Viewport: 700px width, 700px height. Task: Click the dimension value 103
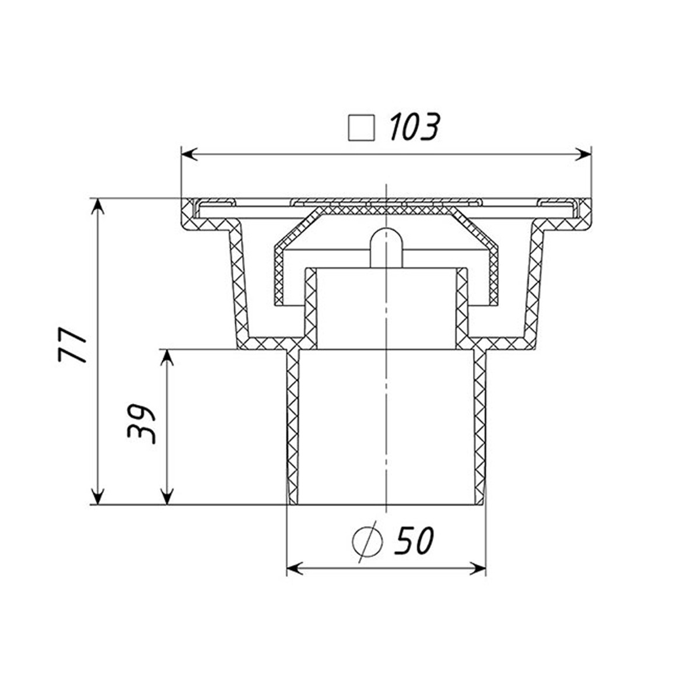415,127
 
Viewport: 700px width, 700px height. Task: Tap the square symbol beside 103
361,128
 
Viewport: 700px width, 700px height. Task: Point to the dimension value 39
141,424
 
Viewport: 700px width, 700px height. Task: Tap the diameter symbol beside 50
367,542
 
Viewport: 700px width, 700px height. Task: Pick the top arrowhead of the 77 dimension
97,208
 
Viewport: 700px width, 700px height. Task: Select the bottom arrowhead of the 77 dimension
97,495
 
